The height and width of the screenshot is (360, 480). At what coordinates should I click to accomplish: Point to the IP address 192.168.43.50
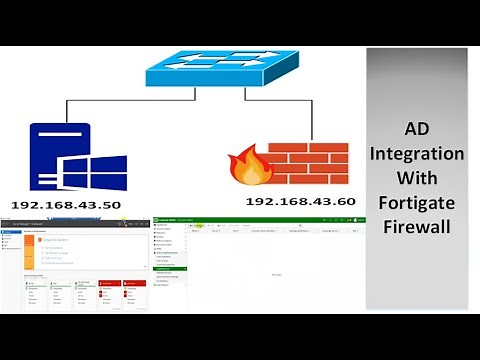point(66,204)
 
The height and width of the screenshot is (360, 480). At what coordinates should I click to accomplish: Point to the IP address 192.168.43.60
point(301,201)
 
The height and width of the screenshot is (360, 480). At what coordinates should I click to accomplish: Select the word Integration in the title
point(417,155)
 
